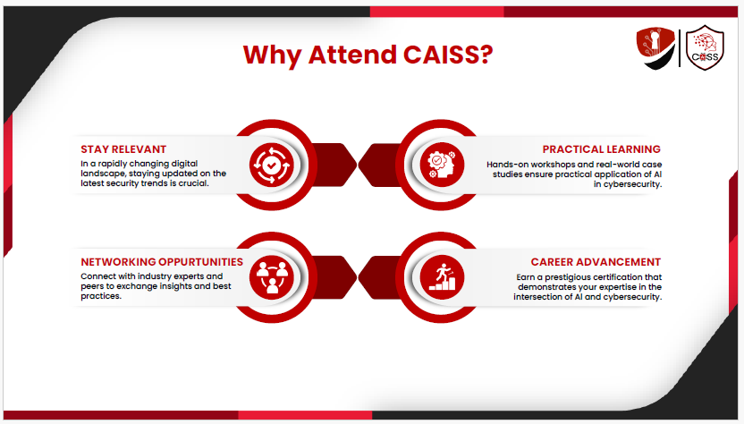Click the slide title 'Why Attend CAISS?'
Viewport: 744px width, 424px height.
pos(368,55)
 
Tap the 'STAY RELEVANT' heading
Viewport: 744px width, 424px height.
pos(123,149)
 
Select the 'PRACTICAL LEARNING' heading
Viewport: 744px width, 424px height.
pos(601,149)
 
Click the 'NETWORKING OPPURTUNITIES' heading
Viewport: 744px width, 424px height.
pos(162,262)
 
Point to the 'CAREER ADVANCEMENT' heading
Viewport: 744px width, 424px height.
pos(596,262)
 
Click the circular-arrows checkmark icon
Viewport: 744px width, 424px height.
pos(272,165)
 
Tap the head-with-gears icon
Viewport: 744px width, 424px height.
pos(442,165)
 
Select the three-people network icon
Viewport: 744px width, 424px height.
pos(272,277)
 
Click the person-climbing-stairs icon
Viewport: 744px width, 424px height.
pos(442,277)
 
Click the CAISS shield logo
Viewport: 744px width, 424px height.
pos(705,48)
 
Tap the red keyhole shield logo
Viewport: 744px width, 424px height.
pos(656,48)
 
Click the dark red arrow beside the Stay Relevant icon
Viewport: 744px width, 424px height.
pos(334,165)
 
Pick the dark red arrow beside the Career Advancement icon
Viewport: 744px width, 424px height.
pos(380,277)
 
